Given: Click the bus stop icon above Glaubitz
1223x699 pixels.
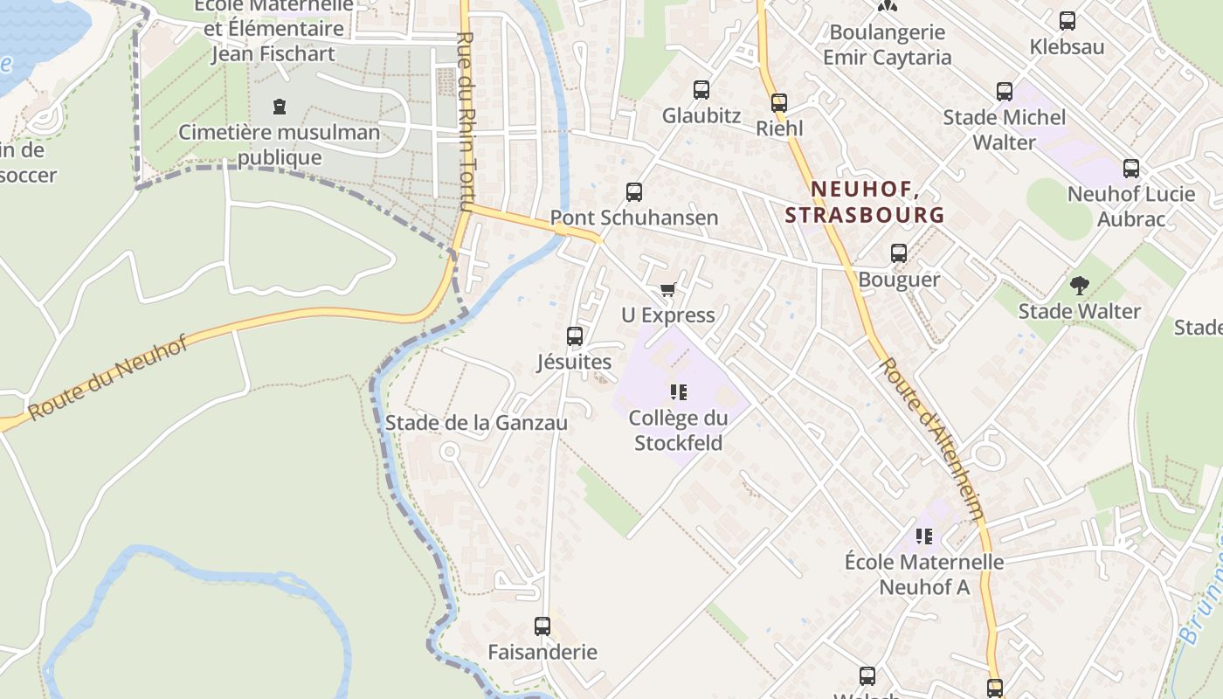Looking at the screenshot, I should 701,89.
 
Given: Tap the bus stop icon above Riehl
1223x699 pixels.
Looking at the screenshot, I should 779,103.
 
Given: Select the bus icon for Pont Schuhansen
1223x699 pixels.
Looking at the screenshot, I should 634,192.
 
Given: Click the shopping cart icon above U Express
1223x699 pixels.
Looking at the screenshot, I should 668,289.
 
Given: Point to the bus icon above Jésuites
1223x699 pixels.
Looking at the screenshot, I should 574,336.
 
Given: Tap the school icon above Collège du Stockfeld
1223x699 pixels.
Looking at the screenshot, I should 679,392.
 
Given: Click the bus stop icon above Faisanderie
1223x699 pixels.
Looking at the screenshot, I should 542,626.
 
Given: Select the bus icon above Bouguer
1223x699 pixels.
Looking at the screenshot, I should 899,254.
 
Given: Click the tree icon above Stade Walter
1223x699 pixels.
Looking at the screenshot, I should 1080,285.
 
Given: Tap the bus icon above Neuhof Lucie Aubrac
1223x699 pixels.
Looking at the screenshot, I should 1131,169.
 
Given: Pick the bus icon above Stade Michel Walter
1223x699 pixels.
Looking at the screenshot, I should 1005,91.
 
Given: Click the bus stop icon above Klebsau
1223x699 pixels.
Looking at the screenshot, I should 1067,21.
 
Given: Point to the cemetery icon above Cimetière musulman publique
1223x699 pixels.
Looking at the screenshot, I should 280,107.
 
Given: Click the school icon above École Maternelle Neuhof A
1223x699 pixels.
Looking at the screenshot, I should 924,536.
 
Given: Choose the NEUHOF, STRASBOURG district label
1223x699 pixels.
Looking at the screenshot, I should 864,202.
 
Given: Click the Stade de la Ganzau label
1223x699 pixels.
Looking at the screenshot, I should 476,423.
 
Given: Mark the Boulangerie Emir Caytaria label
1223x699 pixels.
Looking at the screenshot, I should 888,45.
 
